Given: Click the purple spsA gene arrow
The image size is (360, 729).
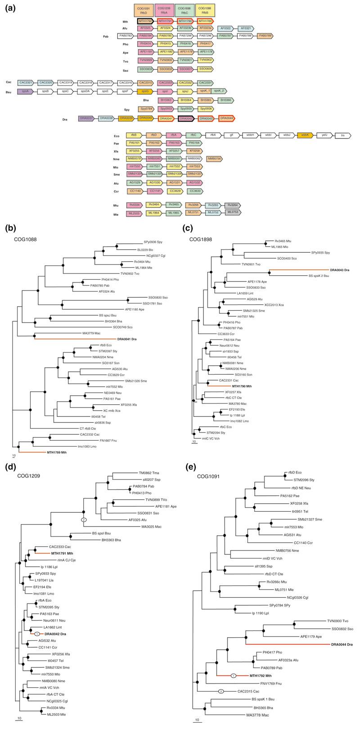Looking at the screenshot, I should (x=27, y=91).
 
